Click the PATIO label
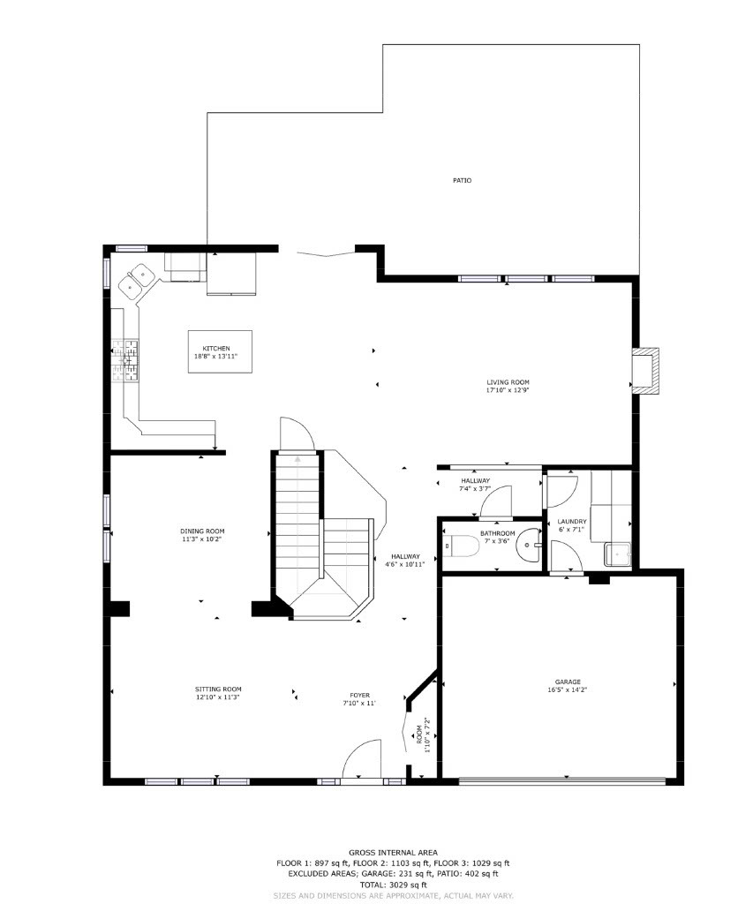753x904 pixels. click(x=462, y=180)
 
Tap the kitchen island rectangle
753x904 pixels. click(x=220, y=351)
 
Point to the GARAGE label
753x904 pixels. click(x=568, y=682)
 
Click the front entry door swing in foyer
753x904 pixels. click(x=361, y=761)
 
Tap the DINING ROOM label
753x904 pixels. click(x=203, y=531)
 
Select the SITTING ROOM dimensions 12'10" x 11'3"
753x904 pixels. click(x=218, y=697)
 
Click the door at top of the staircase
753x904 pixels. click(x=296, y=433)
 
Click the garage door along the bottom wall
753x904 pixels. click(x=562, y=780)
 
